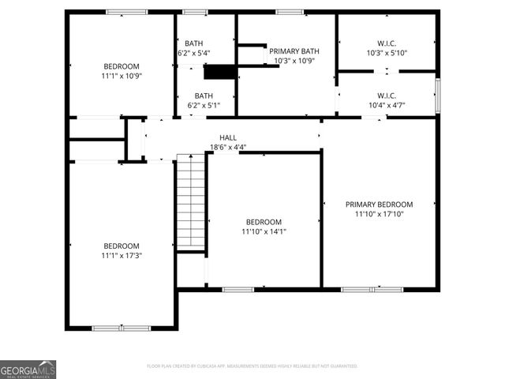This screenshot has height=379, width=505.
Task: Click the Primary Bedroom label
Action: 379,204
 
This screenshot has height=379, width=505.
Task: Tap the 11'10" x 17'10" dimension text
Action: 379,214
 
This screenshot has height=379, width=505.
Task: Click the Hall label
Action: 228,137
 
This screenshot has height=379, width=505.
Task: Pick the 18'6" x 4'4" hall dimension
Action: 228,147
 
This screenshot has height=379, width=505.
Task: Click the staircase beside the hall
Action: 189,201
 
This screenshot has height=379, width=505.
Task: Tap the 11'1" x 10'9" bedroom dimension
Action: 122,76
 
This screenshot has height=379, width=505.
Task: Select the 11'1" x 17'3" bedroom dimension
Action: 122,255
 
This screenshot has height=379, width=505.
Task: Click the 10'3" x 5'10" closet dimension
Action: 386,53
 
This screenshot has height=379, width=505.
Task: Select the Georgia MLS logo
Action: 28,370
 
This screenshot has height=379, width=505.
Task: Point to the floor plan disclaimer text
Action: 252,366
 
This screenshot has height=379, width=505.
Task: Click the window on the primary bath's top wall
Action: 290,12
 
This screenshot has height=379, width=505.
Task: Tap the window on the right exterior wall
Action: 437,95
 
